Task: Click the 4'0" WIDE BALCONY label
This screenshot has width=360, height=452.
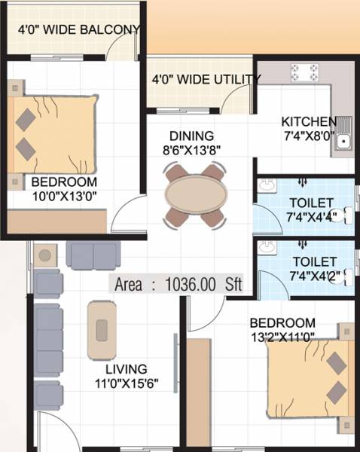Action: tap(79, 30)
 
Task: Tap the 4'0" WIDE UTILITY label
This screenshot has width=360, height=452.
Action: tap(205, 78)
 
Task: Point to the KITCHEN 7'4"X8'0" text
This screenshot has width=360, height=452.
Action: tap(309, 129)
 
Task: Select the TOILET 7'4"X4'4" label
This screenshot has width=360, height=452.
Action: tap(313, 209)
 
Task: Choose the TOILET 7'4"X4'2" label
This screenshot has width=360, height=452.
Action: tap(313, 269)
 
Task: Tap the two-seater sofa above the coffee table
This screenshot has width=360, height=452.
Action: tap(93, 255)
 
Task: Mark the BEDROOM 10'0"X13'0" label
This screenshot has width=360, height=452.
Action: tap(63, 188)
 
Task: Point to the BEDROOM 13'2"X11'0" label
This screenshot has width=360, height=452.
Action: tap(282, 330)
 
